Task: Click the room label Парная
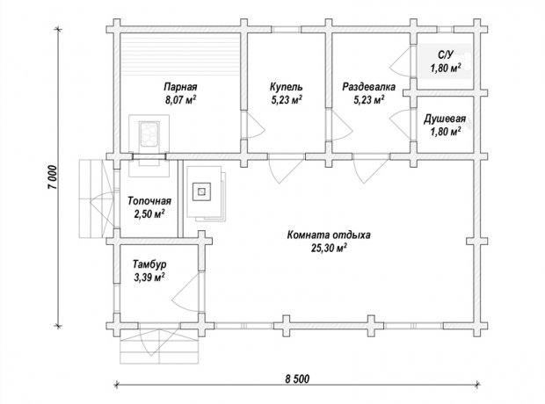[180, 86]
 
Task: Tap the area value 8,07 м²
[180, 100]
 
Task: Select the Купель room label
[286, 86]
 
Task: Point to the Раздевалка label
[369, 86]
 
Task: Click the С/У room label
[446, 54]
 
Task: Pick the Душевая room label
[445, 119]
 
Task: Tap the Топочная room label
[149, 201]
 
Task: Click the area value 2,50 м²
[149, 214]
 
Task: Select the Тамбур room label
[149, 264]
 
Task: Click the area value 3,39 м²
[149, 278]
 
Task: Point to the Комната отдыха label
[329, 235]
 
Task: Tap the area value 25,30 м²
[329, 249]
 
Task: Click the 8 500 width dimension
[297, 379]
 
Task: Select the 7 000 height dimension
[52, 177]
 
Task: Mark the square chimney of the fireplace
[202, 191]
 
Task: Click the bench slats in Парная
[180, 56]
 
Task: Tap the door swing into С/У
[400, 62]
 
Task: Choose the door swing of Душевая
[400, 123]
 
